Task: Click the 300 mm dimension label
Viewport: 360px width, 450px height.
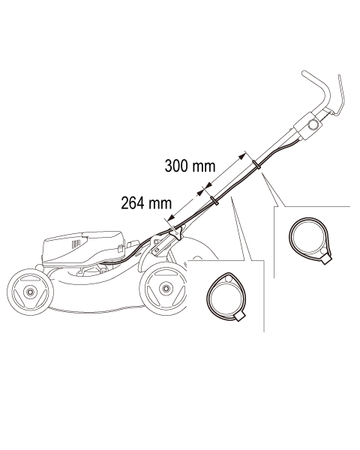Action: [190, 166]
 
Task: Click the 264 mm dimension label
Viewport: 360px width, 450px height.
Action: [146, 203]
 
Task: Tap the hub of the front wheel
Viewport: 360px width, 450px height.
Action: [29, 292]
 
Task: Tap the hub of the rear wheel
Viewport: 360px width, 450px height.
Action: [165, 288]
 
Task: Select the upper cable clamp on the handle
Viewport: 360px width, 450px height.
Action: [256, 165]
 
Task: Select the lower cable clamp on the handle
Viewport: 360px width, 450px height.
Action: [214, 201]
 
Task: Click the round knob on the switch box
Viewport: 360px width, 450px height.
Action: [313, 125]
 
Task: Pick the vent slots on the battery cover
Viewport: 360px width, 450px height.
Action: [75, 244]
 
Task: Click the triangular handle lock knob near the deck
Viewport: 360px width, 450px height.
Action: [178, 232]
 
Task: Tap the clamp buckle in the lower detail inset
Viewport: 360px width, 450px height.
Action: [240, 316]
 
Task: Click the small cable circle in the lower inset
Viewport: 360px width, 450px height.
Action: [229, 279]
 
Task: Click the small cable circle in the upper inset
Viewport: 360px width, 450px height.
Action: [323, 251]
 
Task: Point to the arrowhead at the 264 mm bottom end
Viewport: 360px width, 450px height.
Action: [171, 217]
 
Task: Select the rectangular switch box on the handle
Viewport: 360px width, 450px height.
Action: [308, 126]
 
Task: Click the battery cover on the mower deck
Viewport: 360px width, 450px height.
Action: [83, 247]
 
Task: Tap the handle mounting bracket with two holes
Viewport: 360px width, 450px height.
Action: [157, 244]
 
